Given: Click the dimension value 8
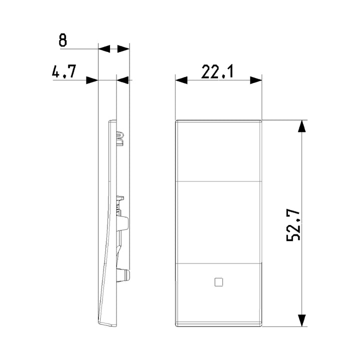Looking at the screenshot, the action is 62,40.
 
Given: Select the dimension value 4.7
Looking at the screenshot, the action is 64,71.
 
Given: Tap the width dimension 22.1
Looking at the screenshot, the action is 217,71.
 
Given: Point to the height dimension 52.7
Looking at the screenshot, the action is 293,225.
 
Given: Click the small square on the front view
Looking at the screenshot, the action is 219,282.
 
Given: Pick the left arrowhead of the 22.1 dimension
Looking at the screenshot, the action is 181,80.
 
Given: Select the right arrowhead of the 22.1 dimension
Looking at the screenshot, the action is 256,80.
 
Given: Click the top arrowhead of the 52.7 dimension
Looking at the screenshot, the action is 301,126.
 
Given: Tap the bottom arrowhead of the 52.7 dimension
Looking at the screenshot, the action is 301,320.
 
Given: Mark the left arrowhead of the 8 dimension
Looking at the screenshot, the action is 104,49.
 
